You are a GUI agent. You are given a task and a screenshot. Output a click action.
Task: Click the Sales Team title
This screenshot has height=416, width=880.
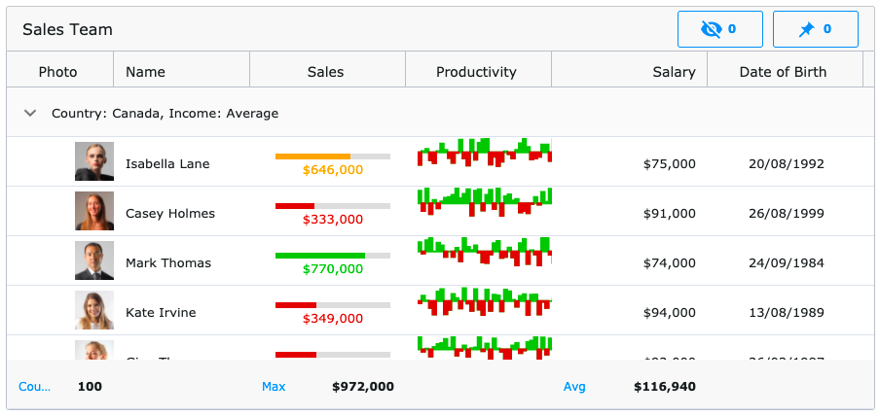tap(67, 29)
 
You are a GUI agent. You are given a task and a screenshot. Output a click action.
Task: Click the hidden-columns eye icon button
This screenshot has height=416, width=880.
tap(719, 29)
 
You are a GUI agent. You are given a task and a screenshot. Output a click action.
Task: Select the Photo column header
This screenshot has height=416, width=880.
tap(57, 71)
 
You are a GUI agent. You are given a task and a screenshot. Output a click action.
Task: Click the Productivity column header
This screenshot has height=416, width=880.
tap(476, 71)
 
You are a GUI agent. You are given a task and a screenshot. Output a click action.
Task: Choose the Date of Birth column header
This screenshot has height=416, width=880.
tap(783, 71)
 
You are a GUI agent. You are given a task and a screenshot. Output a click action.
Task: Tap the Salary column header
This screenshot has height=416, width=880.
tap(674, 71)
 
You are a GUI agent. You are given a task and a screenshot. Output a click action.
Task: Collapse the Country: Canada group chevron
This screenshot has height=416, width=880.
tap(30, 113)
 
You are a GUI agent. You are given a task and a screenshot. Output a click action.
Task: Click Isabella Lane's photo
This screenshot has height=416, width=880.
tap(94, 162)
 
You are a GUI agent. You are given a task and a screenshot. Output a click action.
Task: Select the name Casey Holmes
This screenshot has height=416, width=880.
tap(170, 213)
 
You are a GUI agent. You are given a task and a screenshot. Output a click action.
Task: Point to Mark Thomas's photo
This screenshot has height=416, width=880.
tap(94, 261)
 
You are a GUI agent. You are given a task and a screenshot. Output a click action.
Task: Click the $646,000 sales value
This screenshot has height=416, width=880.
tap(333, 170)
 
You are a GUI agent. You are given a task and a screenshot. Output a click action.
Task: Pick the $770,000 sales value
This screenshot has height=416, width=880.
tap(333, 269)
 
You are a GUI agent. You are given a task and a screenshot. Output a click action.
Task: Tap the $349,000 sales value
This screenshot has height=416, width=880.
tap(333, 318)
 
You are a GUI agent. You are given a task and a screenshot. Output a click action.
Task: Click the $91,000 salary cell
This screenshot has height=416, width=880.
tap(669, 213)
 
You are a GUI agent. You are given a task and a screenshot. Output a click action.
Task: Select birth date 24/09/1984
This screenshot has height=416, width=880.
tap(786, 262)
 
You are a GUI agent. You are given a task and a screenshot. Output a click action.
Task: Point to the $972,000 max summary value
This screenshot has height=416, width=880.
tap(363, 387)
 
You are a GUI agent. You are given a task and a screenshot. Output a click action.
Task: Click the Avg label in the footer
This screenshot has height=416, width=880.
tap(574, 387)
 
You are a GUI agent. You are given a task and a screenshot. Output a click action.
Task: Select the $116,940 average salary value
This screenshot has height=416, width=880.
tap(665, 387)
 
